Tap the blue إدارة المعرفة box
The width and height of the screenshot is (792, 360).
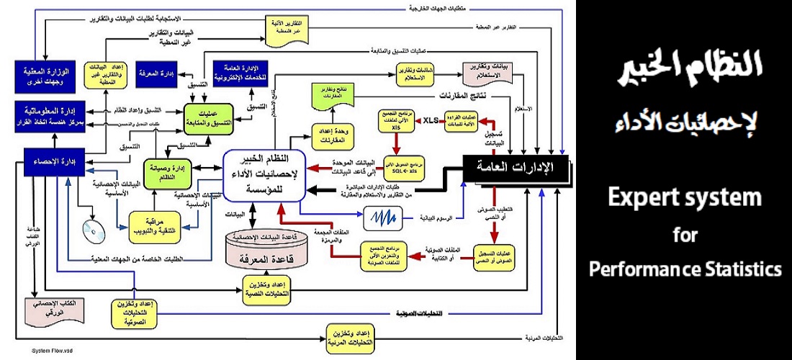pos(158,73)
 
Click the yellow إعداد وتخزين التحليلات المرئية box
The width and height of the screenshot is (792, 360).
pos(351,336)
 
